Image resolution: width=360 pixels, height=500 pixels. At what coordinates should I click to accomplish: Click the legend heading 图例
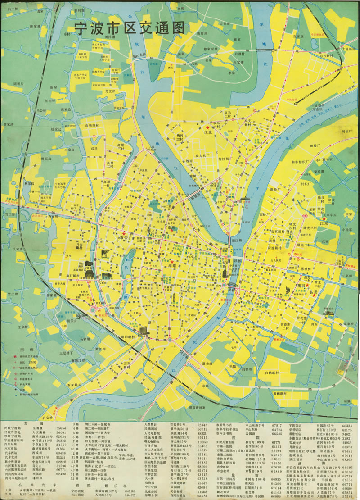26,350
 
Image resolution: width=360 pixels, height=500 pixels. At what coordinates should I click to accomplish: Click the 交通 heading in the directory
40,424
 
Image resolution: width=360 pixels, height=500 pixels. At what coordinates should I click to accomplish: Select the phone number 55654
61,429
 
